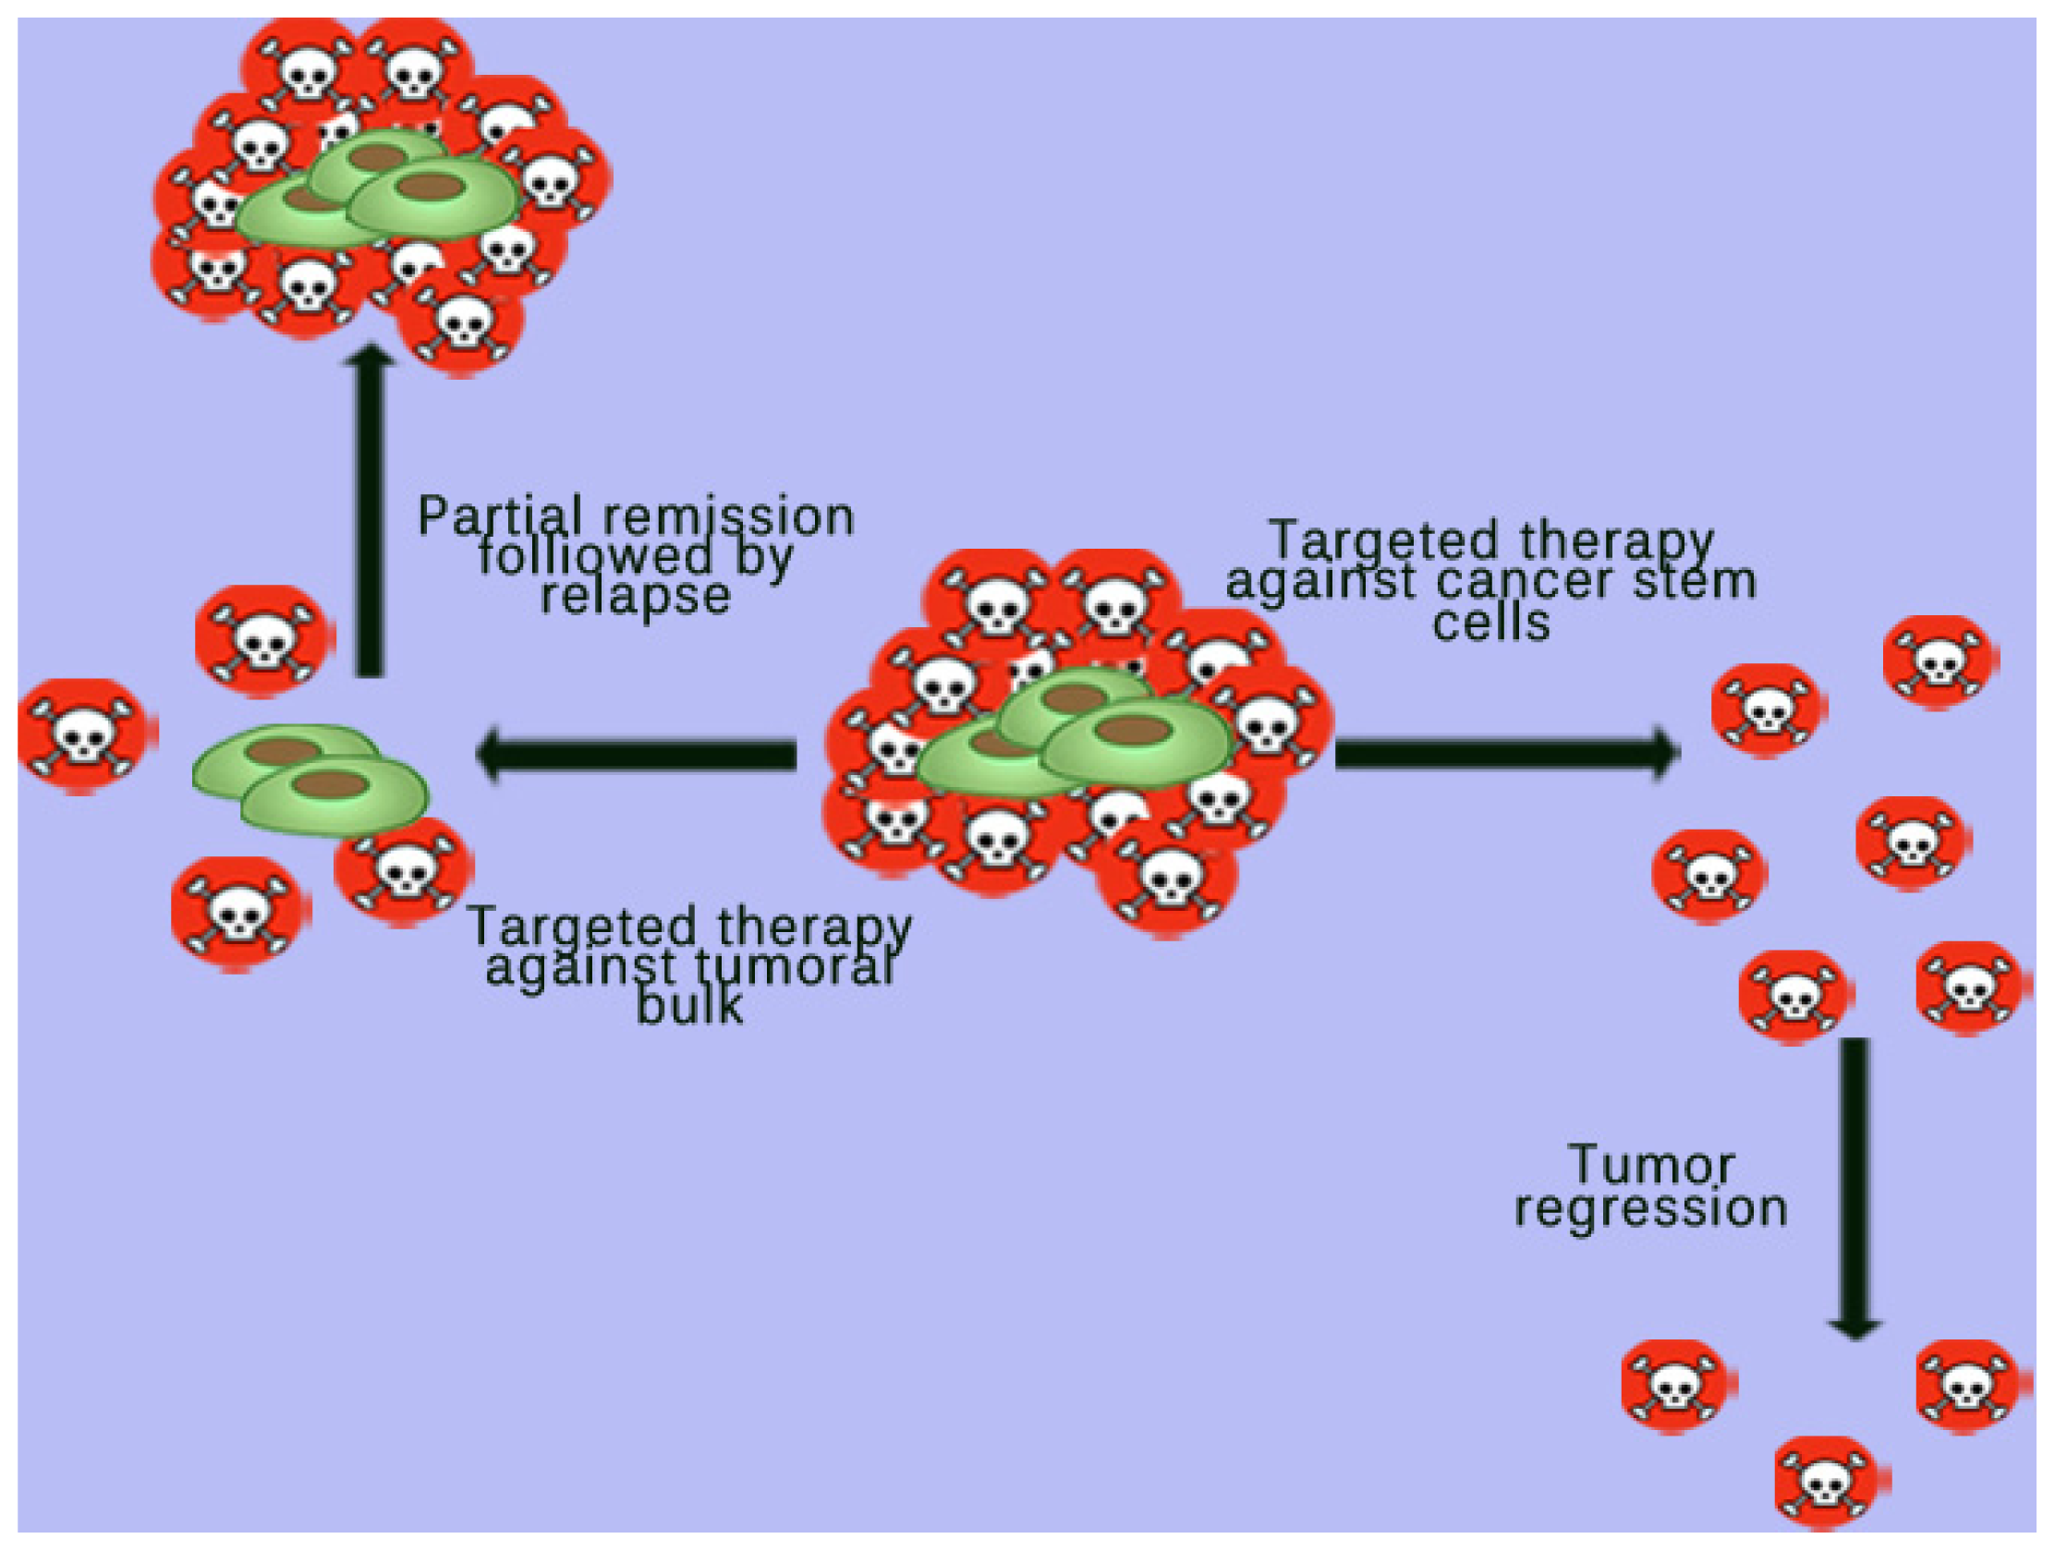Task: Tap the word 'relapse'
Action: [x=636, y=596]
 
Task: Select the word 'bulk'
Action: [x=689, y=1006]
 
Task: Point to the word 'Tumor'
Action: [x=1651, y=1166]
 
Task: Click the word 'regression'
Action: [x=1651, y=1208]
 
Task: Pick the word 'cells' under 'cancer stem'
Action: [x=1491, y=624]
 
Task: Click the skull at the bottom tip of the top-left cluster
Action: [x=461, y=322]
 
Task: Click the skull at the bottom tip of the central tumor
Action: [x=1167, y=878]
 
